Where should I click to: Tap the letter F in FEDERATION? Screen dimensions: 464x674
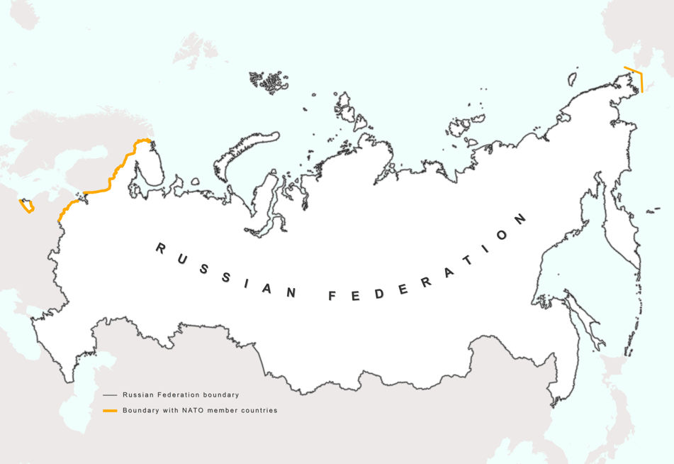coord(332,297)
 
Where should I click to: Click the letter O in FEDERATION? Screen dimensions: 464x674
coord(503,236)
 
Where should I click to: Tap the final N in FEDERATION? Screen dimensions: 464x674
coord(521,219)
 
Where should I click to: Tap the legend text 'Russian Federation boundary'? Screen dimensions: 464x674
coord(181,394)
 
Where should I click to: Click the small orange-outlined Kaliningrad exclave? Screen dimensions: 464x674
coord(27,206)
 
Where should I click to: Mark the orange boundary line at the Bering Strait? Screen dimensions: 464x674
coord(640,81)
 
